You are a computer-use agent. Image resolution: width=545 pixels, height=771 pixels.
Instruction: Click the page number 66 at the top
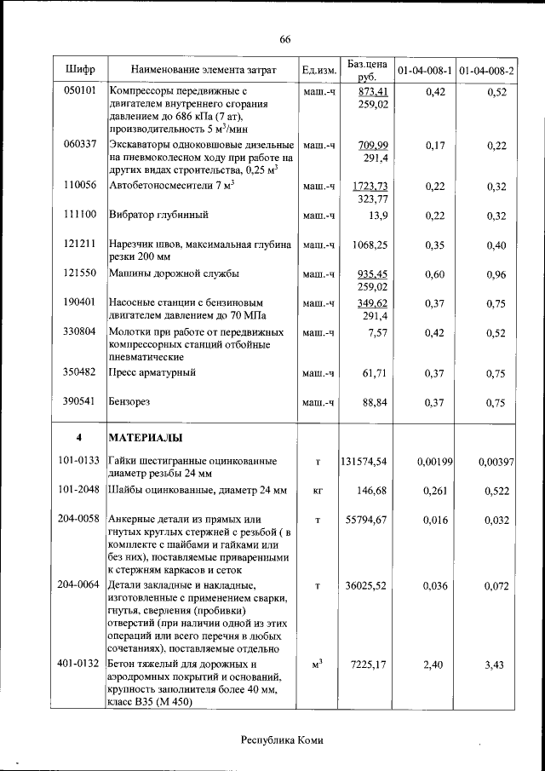[284, 39]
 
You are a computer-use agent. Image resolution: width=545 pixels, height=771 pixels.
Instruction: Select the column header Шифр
[79, 70]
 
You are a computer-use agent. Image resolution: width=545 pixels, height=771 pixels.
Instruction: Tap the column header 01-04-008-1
[424, 70]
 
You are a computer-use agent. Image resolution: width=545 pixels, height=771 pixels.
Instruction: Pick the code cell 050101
[79, 91]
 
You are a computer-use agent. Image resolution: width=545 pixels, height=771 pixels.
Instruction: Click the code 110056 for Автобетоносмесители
[79, 186]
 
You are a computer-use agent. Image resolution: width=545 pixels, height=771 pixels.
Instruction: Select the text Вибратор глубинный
[159, 215]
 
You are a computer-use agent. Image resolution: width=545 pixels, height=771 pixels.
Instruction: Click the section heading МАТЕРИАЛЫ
[146, 438]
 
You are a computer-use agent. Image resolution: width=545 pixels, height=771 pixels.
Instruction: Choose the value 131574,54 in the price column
[364, 461]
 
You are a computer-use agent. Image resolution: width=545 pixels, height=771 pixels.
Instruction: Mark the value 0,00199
[434, 461]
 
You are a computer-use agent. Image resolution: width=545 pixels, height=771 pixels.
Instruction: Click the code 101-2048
[79, 491]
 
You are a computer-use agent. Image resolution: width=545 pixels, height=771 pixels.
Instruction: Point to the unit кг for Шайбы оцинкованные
[318, 491]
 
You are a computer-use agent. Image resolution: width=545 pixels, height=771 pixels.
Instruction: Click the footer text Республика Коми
[284, 739]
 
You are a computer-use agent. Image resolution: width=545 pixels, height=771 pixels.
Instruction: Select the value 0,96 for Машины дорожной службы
[496, 274]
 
